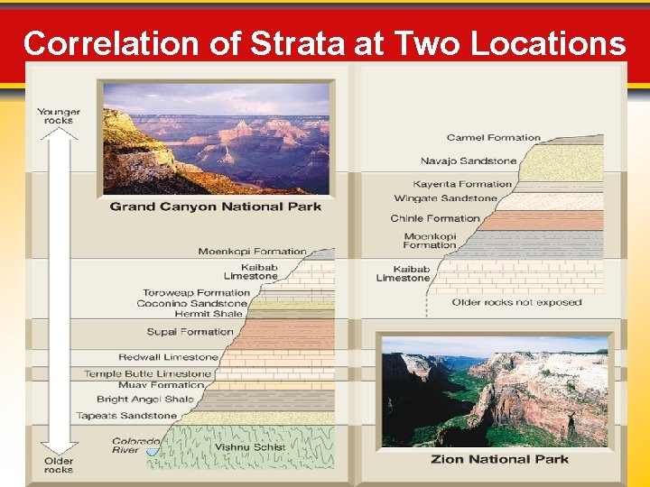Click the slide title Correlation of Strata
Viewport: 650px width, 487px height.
pos(324,42)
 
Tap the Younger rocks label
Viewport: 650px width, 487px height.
pos(59,116)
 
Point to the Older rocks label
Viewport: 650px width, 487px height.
pos(59,464)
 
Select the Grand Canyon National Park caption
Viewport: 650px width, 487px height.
pos(216,207)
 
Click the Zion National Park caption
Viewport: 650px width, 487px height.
pos(500,458)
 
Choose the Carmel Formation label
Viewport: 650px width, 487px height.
pos(493,138)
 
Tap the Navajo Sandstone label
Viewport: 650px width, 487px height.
pos(469,161)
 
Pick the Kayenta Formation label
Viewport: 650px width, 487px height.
pos(462,184)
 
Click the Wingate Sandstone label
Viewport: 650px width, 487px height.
pos(446,198)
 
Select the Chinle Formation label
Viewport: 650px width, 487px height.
pos(435,218)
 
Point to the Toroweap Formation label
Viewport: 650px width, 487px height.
pos(196,292)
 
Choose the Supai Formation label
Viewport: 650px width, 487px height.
pos(190,332)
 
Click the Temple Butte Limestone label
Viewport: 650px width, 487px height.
pos(148,373)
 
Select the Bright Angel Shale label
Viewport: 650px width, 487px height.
pos(145,399)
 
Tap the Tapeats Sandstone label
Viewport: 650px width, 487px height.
pos(139,416)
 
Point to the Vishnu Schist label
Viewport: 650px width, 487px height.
pos(250,446)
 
